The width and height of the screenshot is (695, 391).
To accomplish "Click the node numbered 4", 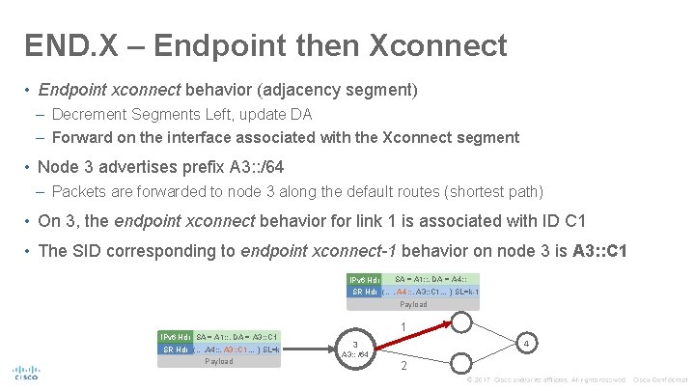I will (x=524, y=343).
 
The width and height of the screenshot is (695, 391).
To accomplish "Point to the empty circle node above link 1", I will (x=463, y=320).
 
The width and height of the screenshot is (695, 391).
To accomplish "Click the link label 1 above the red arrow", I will (x=403, y=326).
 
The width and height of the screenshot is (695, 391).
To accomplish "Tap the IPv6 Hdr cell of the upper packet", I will (x=364, y=279).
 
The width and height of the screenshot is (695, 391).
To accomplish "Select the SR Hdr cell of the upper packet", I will (x=363, y=292).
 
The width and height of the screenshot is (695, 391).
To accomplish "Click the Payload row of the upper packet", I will (x=413, y=304).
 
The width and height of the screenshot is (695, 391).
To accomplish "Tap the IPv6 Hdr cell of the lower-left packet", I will (x=175, y=336).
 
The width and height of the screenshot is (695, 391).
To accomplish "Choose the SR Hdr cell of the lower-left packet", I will (x=175, y=349).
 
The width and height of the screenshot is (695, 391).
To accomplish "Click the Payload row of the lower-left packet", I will (x=218, y=361).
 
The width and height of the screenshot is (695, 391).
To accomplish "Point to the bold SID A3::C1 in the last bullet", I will (x=599, y=251).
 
